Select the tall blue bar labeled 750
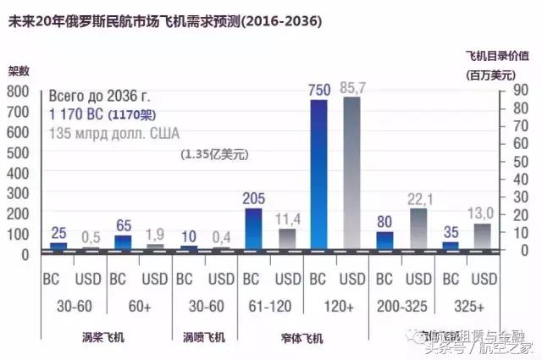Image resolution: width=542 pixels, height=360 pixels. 318,174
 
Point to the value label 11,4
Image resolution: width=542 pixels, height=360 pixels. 285,220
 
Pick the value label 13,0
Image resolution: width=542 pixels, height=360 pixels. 484,213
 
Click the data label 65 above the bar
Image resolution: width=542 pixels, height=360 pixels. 123,225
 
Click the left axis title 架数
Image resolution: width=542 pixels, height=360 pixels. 19,72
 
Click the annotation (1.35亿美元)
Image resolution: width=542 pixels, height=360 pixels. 213,154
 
